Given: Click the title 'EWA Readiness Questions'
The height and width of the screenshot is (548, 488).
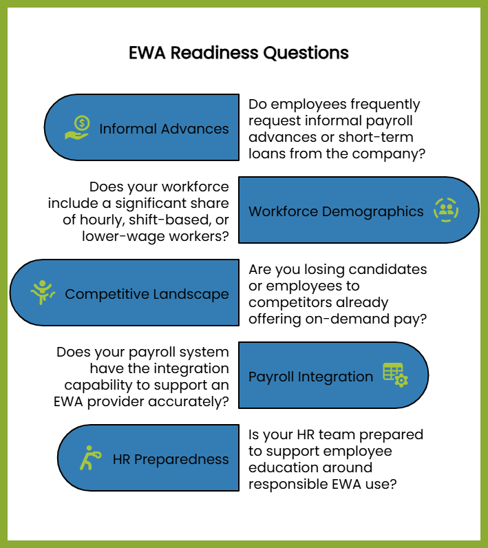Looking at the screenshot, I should pos(239,53).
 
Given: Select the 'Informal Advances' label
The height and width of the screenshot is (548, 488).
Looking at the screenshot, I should pos(164,129).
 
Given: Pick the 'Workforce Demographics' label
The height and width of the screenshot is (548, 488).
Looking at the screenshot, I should pos(336,211).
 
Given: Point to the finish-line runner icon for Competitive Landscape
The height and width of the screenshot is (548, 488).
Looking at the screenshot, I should pos(43,292).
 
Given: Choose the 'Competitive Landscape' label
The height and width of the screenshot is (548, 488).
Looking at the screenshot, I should pos(147,294).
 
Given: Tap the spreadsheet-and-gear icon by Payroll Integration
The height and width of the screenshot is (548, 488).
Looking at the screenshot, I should pos(395,375).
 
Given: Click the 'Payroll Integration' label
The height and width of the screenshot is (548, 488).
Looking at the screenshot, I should pos(310,377).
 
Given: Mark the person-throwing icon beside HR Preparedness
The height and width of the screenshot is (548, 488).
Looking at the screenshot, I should pos(89,458).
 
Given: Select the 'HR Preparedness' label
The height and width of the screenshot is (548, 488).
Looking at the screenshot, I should pos(171,459).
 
